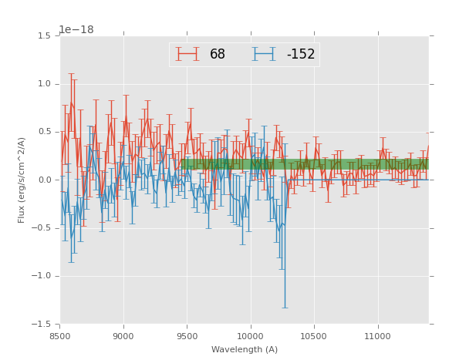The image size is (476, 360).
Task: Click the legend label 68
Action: pyautogui.click(x=218, y=55)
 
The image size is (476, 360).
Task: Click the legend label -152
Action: pyautogui.click(x=301, y=55)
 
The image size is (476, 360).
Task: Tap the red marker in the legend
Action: pyautogui.click(x=187, y=54)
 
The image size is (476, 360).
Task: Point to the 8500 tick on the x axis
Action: pyautogui.click(x=60, y=336)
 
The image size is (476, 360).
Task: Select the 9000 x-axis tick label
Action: pyautogui.click(x=123, y=336)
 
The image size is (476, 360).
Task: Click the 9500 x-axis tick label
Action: pyautogui.click(x=187, y=336)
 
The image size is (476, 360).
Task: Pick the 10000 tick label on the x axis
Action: pyautogui.click(x=250, y=336)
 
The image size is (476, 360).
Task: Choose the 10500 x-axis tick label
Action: pyautogui.click(x=314, y=336)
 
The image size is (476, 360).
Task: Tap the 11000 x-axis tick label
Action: pyautogui.click(x=377, y=336)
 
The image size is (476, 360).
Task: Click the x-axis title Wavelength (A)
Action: pyautogui.click(x=244, y=350)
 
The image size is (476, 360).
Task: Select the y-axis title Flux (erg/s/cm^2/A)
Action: pyautogui.click(x=22, y=180)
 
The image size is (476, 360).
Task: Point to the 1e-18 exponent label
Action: pyautogui.click(x=76, y=29)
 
